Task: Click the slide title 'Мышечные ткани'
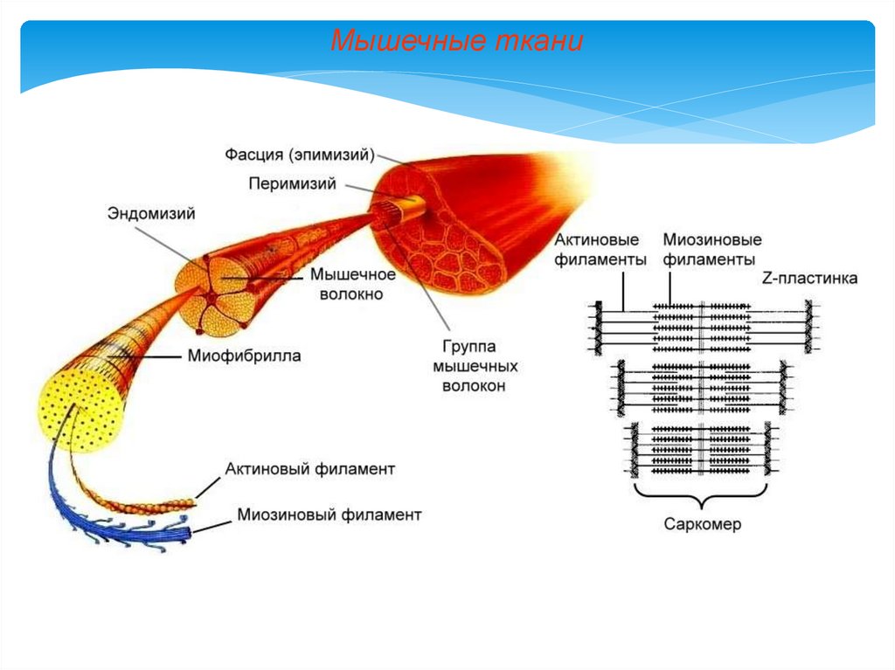456,41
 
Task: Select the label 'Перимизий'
292,183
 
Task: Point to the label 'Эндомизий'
151,212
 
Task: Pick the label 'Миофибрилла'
244,356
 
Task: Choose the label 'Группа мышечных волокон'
474,365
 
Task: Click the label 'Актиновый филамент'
310,469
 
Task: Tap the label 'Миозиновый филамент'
329,515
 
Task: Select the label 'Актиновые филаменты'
600,250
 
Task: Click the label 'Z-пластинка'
809,279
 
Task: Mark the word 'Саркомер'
702,524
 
